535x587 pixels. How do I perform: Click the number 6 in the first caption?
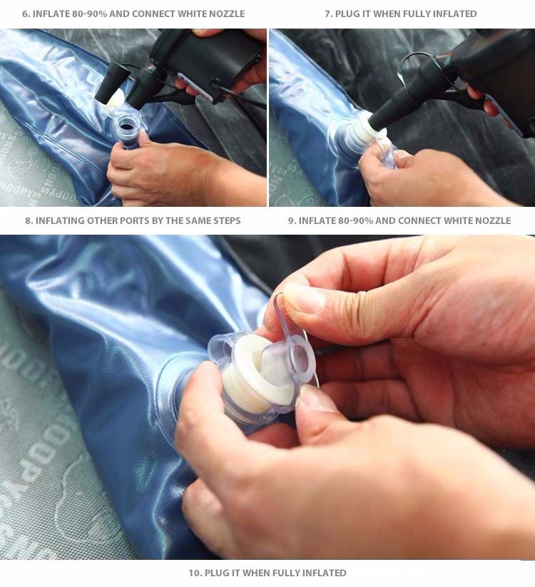(x=25, y=14)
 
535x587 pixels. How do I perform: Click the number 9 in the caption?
(x=292, y=220)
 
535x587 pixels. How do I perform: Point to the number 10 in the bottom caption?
(x=195, y=573)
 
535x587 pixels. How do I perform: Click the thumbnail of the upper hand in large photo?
(x=304, y=298)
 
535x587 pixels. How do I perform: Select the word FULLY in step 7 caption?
(x=415, y=14)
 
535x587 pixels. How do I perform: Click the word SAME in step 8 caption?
(x=198, y=220)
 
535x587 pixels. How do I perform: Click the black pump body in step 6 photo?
(x=210, y=60)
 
